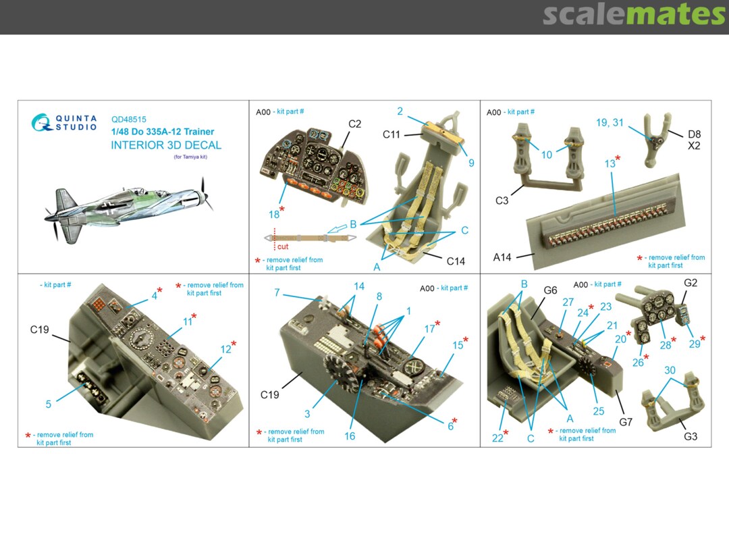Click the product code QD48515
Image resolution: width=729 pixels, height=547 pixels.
click(129, 120)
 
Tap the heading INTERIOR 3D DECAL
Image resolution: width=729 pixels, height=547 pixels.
click(166, 145)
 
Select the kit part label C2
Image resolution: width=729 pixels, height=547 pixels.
click(355, 124)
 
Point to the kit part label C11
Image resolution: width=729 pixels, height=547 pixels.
click(391, 135)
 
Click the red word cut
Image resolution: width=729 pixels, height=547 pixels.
click(283, 246)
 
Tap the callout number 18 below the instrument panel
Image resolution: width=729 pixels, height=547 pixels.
click(274, 215)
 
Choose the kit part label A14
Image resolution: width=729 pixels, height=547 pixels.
click(502, 257)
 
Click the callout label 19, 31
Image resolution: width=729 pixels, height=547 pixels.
click(610, 123)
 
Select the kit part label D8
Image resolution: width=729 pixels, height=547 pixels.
click(694, 134)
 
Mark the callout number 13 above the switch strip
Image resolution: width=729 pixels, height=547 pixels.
click(610, 163)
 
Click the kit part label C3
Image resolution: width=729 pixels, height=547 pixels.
click(502, 201)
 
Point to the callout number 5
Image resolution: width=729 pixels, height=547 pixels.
click(49, 405)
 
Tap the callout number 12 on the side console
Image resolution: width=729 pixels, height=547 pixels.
click(225, 349)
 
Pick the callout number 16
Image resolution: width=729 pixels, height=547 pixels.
click(350, 436)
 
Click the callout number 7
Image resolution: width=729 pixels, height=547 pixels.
click(277, 292)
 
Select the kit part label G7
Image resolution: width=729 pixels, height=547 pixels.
click(626, 422)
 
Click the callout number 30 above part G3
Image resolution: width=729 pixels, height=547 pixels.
click(670, 370)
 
